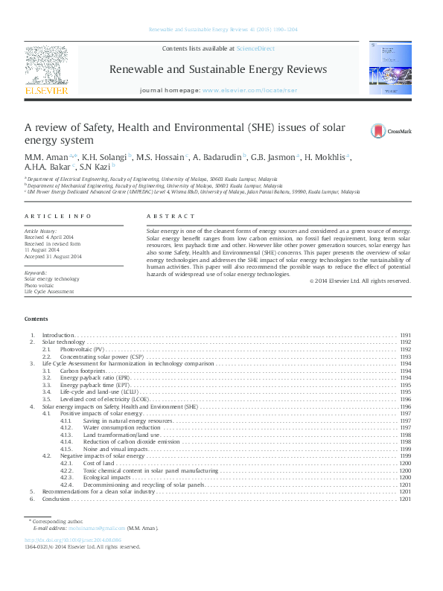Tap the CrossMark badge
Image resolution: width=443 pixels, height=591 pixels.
click(391, 131)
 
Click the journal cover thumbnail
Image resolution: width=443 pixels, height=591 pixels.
click(389, 68)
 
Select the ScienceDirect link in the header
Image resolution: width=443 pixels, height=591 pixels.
click(255, 48)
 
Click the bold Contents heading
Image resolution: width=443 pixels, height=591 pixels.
click(36, 319)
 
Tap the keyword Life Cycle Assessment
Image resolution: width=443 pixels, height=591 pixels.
click(49, 292)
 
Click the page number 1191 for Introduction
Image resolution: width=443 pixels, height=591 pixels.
click(405, 336)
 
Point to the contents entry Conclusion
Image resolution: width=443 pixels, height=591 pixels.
click(56, 499)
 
